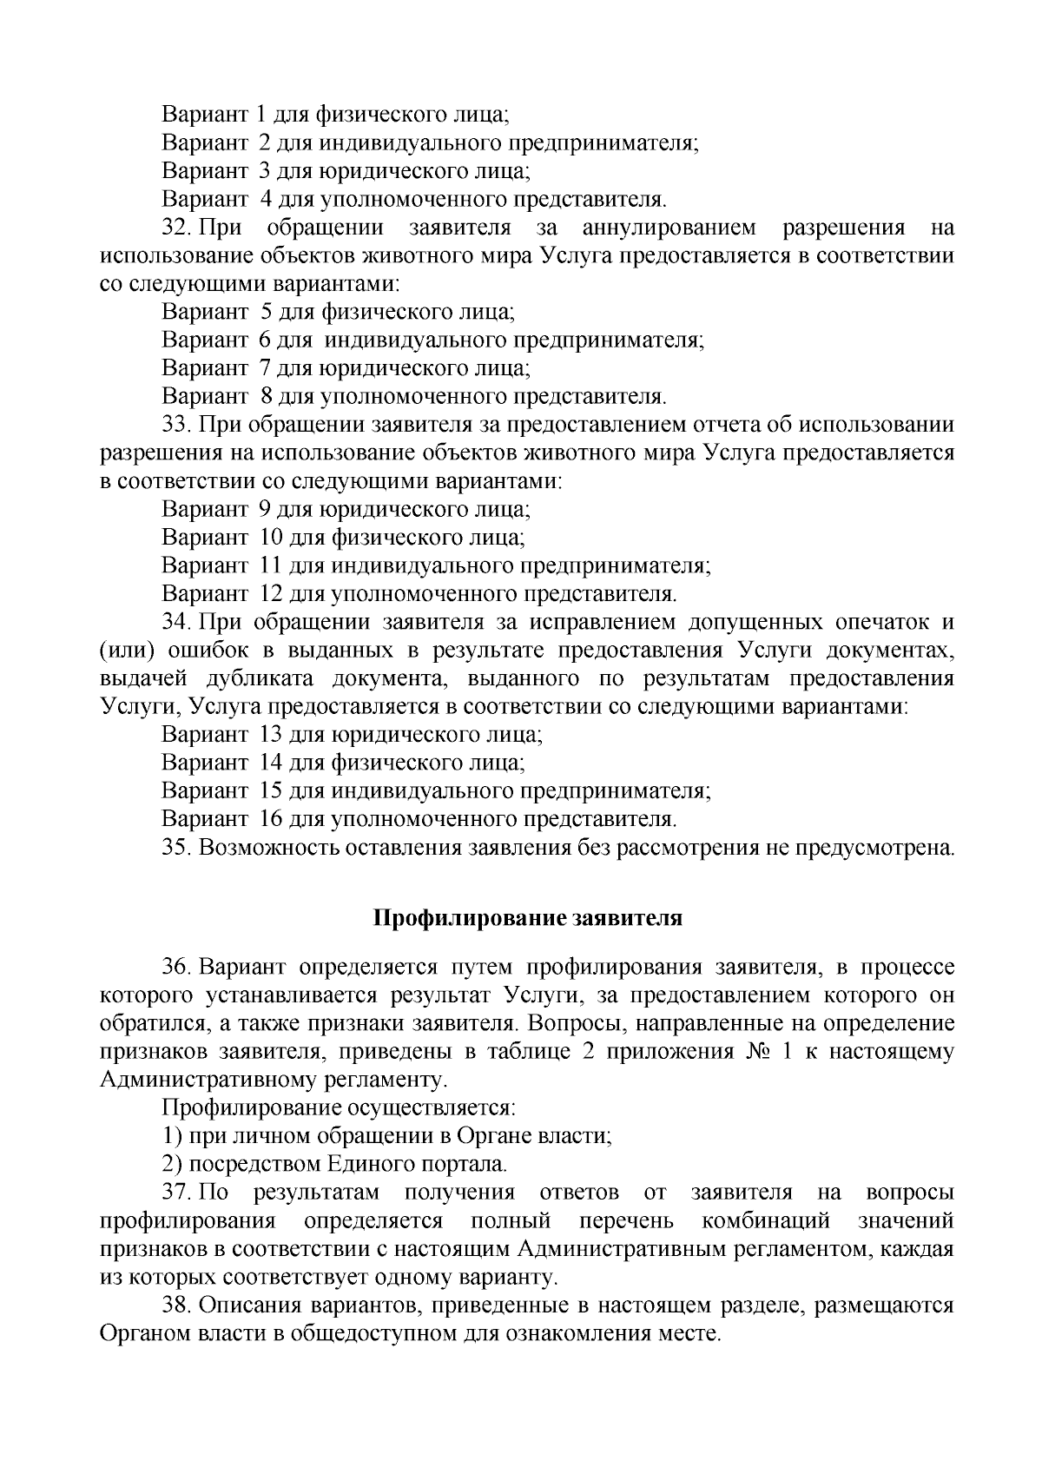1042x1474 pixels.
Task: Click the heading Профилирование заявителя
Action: [x=528, y=919]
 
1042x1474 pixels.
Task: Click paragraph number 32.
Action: [x=176, y=228]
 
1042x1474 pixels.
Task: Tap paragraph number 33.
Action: [x=176, y=426]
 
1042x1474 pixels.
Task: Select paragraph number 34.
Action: [x=176, y=623]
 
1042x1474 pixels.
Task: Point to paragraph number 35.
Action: [x=176, y=847]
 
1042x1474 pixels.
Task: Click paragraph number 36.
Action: [x=176, y=968]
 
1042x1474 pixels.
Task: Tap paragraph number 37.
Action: [x=176, y=1193]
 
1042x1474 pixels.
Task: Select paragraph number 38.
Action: [x=176, y=1305]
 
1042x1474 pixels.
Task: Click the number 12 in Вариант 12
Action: [x=269, y=594]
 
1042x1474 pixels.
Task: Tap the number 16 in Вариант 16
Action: [x=269, y=819]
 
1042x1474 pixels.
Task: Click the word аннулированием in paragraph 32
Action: [x=669, y=228]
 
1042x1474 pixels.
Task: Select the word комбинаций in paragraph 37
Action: [x=766, y=1220]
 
